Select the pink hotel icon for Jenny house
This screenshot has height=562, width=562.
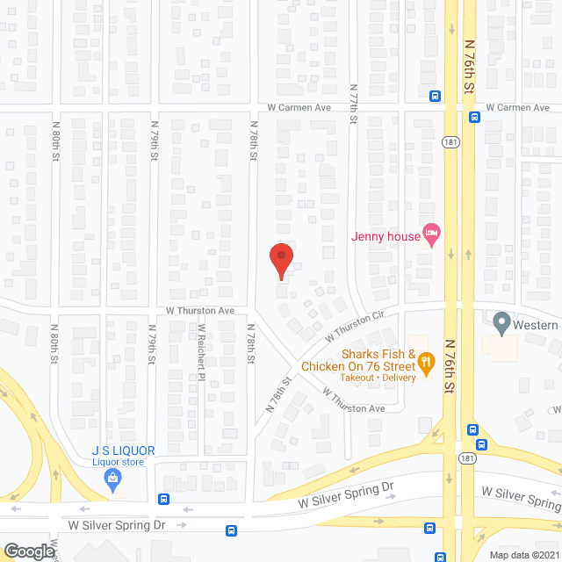pyautogui.click(x=431, y=234)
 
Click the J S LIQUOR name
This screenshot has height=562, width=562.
pyautogui.click(x=123, y=450)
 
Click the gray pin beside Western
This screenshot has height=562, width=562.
pyautogui.click(x=502, y=323)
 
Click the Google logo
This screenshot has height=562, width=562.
pyautogui.click(x=28, y=551)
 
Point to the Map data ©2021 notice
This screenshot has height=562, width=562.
pyautogui.click(x=524, y=555)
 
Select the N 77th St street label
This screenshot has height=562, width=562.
pyautogui.click(x=354, y=105)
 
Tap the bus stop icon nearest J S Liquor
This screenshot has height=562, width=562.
pyautogui.click(x=163, y=499)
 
